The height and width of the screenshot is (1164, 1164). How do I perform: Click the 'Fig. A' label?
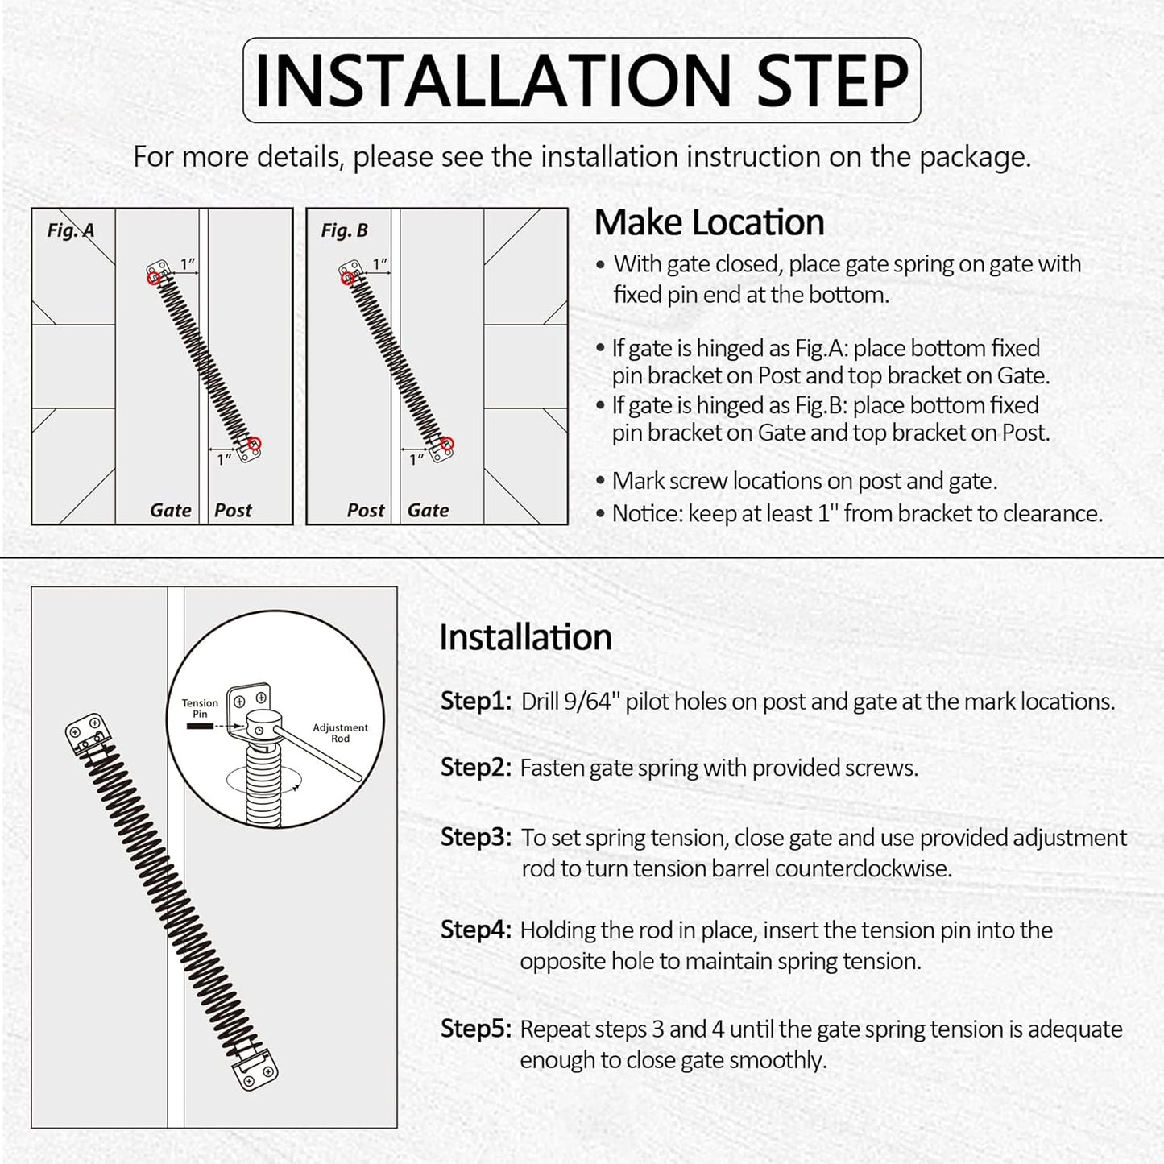pyautogui.click(x=71, y=230)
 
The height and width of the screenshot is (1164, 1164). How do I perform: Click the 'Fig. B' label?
pyautogui.click(x=344, y=230)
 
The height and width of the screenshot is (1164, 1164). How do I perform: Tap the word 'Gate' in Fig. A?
pyautogui.click(x=171, y=510)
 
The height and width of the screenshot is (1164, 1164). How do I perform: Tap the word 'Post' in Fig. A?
pyautogui.click(x=233, y=510)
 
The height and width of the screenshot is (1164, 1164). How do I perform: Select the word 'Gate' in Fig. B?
pyautogui.click(x=428, y=510)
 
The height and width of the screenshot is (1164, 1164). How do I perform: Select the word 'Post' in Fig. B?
pyautogui.click(x=366, y=510)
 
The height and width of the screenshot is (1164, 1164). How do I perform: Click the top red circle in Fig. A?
pyautogui.click(x=153, y=279)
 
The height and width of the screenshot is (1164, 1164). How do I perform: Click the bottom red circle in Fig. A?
pyautogui.click(x=255, y=443)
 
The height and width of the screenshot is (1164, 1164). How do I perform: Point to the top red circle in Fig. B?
pyautogui.click(x=347, y=279)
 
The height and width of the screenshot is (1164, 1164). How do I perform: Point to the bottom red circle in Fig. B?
pyautogui.click(x=448, y=443)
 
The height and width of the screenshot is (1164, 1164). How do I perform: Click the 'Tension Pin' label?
pyautogui.click(x=200, y=708)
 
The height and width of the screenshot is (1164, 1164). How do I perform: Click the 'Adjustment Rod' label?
pyautogui.click(x=340, y=732)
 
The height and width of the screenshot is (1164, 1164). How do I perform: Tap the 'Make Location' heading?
pyautogui.click(x=709, y=222)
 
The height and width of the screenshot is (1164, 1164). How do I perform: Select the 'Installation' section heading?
pyautogui.click(x=525, y=637)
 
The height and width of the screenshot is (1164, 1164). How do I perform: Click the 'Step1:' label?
pyautogui.click(x=475, y=701)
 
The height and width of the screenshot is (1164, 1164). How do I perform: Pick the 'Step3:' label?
pyautogui.click(x=475, y=837)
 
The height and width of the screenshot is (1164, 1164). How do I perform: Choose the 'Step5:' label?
pyautogui.click(x=475, y=1029)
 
